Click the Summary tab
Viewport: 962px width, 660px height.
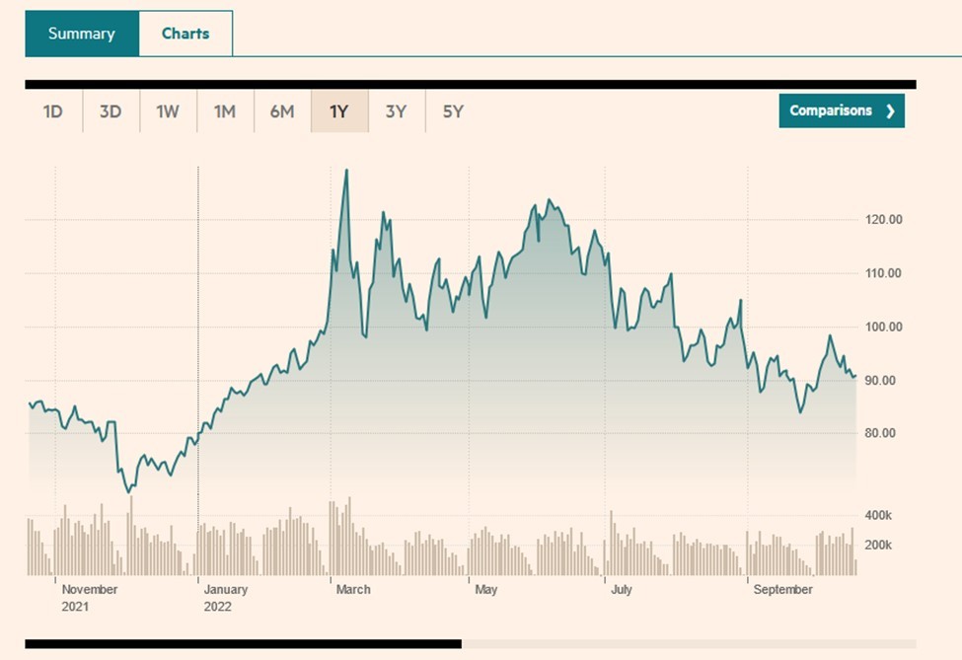[x=81, y=34]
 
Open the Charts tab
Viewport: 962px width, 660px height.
[x=185, y=34]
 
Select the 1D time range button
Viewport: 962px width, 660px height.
[x=53, y=111]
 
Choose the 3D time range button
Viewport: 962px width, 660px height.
[x=111, y=111]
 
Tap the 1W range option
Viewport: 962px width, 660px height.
[x=168, y=111]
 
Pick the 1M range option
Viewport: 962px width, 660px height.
[x=225, y=111]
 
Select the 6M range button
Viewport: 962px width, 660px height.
[x=282, y=111]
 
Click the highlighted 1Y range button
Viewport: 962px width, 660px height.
[x=339, y=111]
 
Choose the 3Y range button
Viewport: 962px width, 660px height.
[x=397, y=111]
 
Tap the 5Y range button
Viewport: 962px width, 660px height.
[x=453, y=111]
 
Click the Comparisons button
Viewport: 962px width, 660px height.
[x=841, y=110]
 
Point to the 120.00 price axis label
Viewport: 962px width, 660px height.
[x=882, y=220]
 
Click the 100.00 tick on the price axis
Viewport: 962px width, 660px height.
[x=882, y=327]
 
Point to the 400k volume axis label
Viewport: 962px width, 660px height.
[x=878, y=516]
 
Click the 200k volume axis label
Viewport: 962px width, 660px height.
[x=878, y=545]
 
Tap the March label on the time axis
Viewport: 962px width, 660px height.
[x=353, y=590]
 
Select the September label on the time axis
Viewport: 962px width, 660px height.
[x=782, y=590]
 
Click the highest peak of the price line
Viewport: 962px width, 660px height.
[x=345, y=171]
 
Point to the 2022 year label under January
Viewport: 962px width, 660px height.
[x=217, y=607]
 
